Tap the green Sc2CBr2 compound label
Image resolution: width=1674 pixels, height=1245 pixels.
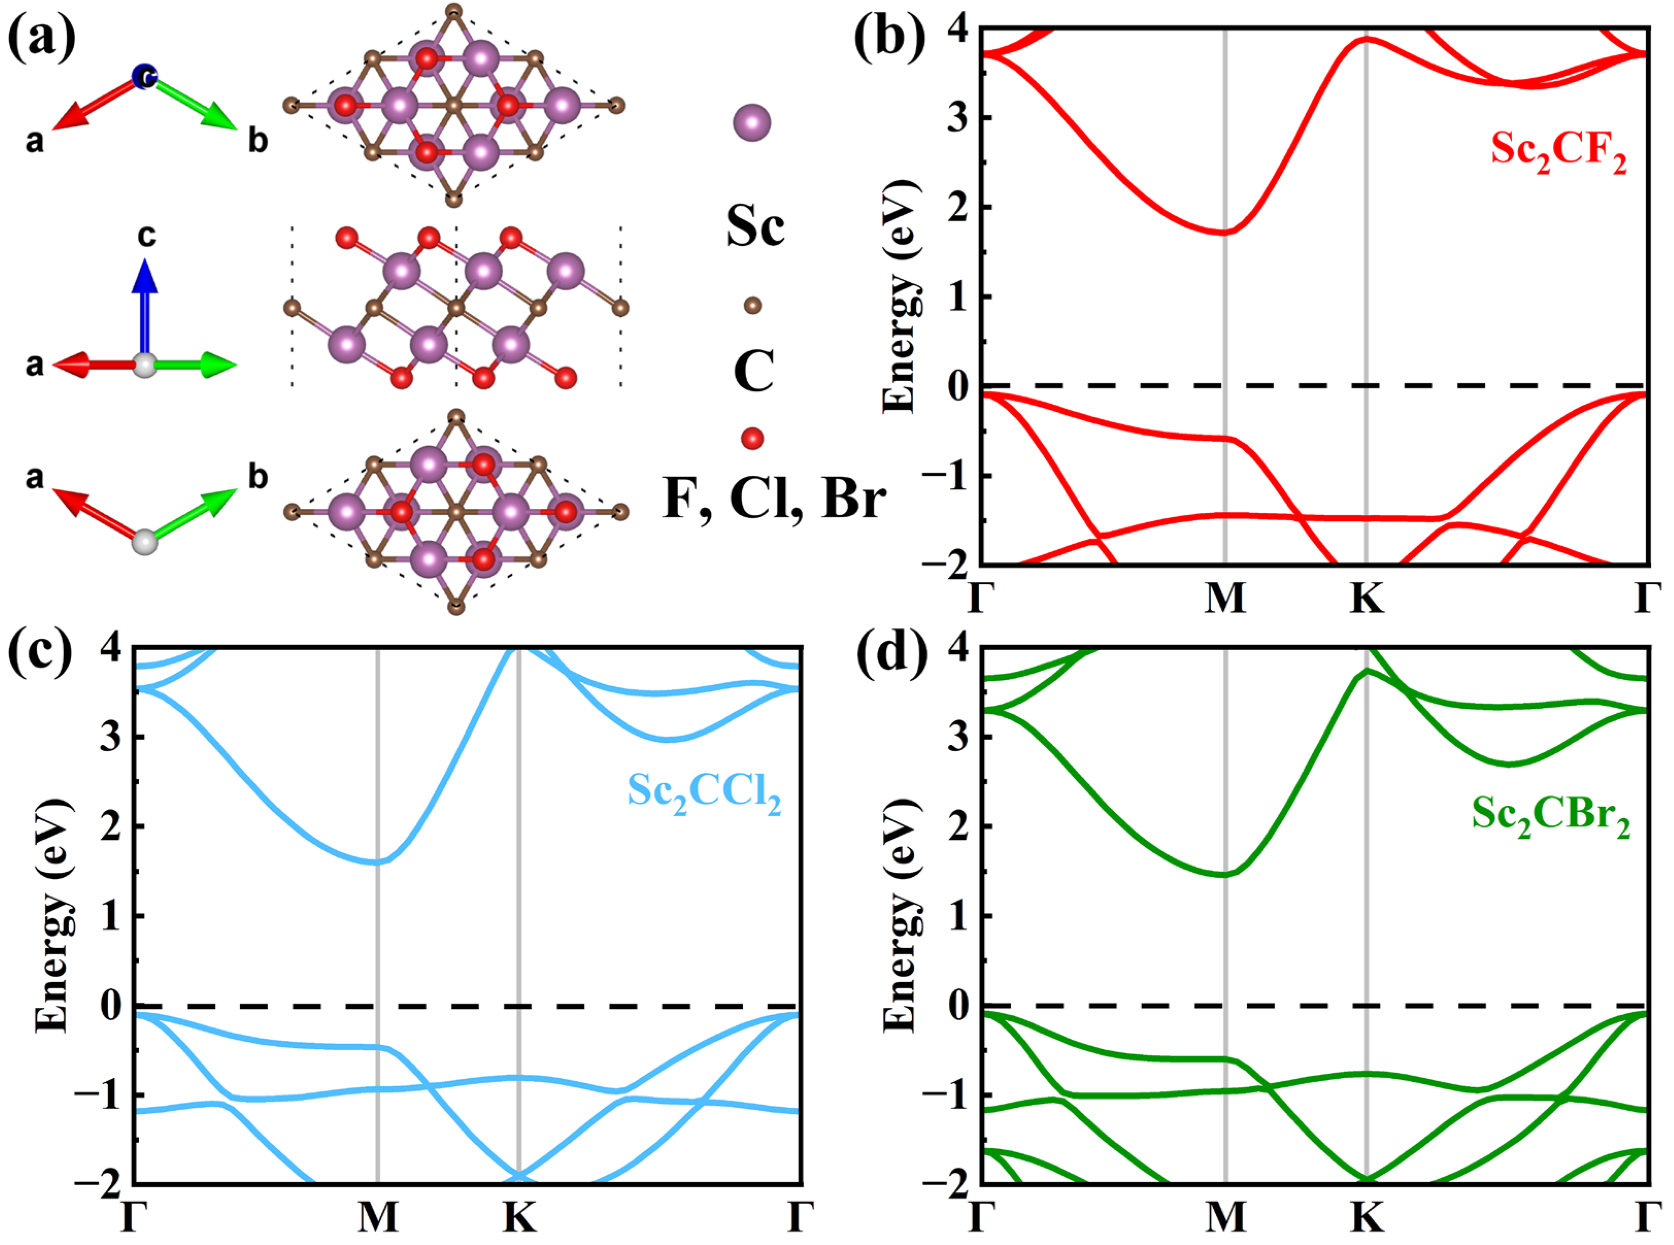click(x=1550, y=816)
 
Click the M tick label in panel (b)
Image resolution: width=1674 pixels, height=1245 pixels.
click(x=1225, y=599)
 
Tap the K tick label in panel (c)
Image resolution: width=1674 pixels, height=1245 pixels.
click(x=519, y=1217)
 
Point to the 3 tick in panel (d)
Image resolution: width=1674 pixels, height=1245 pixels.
click(x=958, y=736)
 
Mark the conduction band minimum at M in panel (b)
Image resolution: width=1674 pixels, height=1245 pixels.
click(x=1225, y=232)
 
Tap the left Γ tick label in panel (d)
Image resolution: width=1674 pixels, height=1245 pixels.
click(x=980, y=1217)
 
